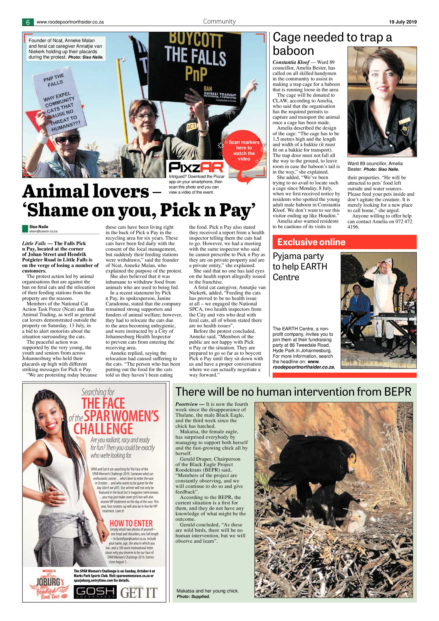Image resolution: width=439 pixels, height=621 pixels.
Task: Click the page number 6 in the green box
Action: [28, 22]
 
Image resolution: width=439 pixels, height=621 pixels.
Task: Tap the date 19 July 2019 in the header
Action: [403, 22]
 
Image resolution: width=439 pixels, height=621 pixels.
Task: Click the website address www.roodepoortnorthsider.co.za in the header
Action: [70, 22]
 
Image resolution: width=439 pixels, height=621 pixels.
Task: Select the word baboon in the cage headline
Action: [293, 51]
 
